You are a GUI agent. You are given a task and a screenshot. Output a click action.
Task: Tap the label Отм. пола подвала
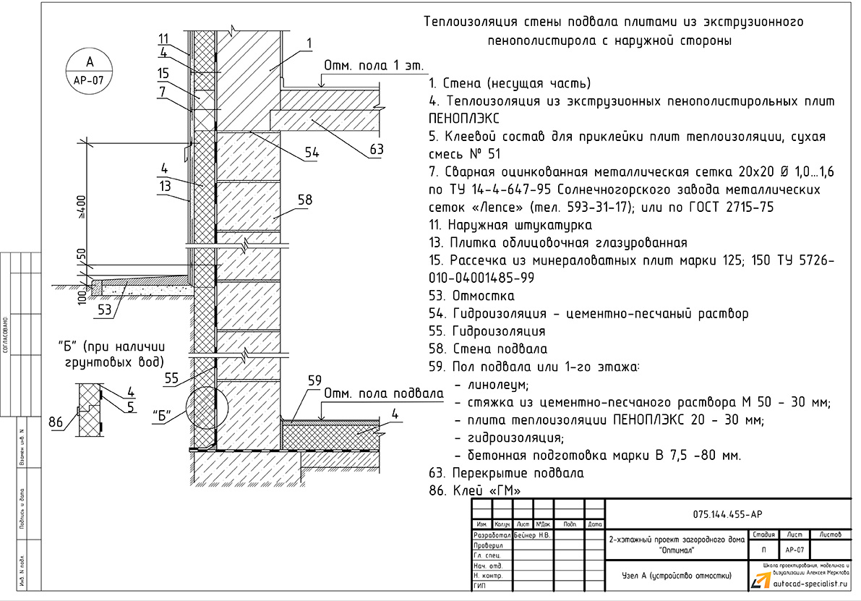click(382, 393)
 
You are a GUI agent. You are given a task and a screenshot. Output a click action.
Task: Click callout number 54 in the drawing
click(312, 153)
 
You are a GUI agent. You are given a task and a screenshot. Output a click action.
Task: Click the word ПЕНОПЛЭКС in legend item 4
click(464, 118)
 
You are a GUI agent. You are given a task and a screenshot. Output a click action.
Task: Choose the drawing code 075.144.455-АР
click(724, 514)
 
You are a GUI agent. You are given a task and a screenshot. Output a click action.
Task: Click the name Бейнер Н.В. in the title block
click(532, 535)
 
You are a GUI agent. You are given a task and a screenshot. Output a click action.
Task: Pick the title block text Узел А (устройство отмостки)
click(676, 576)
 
